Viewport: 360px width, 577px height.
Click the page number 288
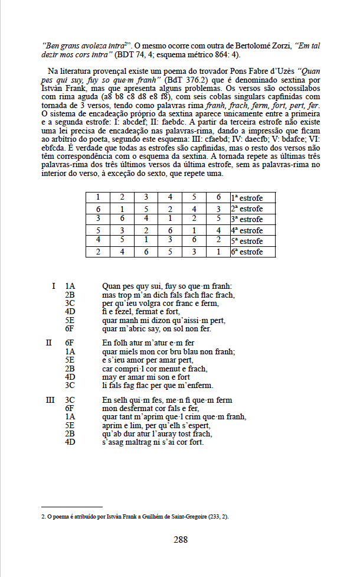[180, 539]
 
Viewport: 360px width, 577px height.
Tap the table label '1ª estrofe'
[246, 198]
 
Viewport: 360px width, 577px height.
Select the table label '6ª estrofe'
[246, 252]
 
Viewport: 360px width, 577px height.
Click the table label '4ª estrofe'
[246, 230]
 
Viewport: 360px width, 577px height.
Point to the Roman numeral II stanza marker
[50, 343]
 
